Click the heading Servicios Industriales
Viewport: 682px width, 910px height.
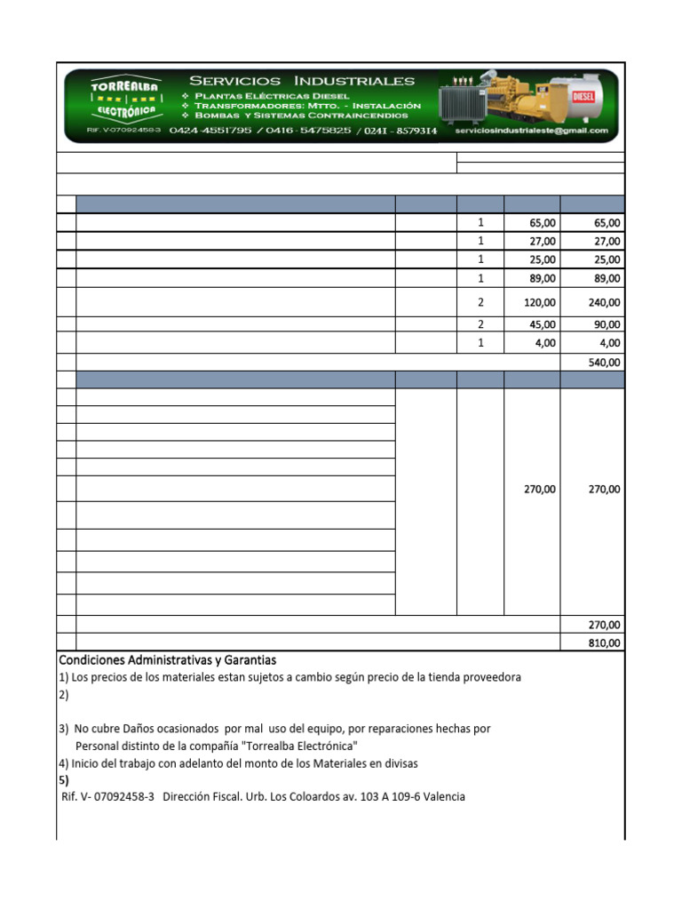(x=301, y=81)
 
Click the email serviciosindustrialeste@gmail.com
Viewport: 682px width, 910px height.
(x=532, y=131)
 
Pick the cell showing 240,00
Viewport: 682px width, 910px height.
(x=605, y=302)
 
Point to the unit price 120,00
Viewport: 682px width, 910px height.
(x=539, y=302)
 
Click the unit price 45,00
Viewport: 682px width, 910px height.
(x=543, y=324)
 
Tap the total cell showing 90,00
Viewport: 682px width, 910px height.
(x=608, y=324)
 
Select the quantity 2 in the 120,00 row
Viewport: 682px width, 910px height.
(x=480, y=302)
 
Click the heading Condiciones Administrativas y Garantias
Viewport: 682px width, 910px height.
(x=168, y=660)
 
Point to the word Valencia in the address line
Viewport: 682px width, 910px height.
(x=444, y=797)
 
